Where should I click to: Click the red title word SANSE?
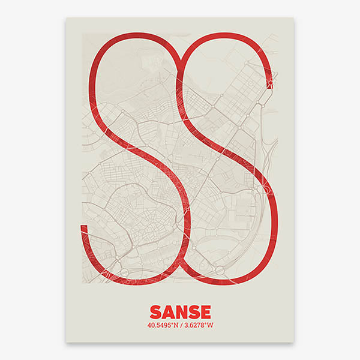coord(180,312)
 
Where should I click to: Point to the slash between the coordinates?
coord(179,326)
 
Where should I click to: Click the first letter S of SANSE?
coord(156,312)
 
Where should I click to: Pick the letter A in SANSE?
coord(168,312)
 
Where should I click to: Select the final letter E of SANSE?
coord(205,312)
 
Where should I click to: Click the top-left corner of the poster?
coord(66,17)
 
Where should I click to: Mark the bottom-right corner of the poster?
coord(294,343)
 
